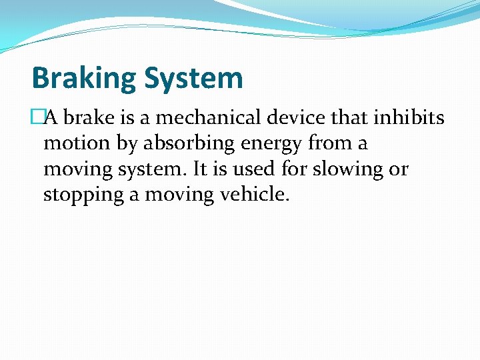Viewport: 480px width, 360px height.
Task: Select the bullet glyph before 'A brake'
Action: point(37,118)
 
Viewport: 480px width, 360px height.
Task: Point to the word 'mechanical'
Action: point(203,118)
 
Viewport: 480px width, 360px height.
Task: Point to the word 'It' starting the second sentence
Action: point(200,169)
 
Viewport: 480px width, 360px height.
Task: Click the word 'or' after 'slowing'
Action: point(399,170)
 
